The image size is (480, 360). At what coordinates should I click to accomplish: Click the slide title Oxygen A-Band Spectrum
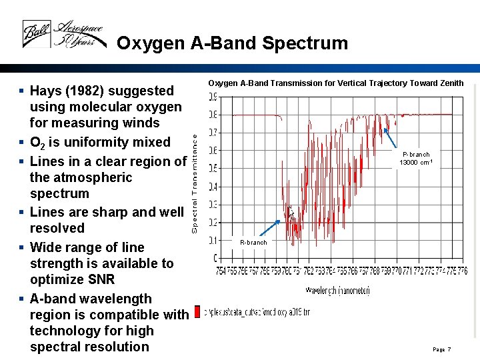pyautogui.click(x=232, y=43)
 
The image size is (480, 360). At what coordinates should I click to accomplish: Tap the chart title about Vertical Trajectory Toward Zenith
pyautogui.click(x=335, y=83)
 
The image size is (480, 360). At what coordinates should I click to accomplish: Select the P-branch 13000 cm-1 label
pyautogui.click(x=416, y=158)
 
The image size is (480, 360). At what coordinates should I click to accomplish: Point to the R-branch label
pyautogui.click(x=253, y=243)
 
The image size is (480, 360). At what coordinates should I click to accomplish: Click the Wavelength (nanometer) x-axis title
pyautogui.click(x=337, y=290)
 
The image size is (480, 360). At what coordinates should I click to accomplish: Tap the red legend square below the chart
pyautogui.click(x=197, y=311)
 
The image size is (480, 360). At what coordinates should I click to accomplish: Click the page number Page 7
pyautogui.click(x=441, y=349)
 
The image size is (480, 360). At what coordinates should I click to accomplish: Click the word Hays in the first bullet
pyautogui.click(x=46, y=91)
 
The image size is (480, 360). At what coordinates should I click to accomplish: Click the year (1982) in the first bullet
pyautogui.click(x=85, y=91)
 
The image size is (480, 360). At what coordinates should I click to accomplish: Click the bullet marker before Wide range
pyautogui.click(x=23, y=247)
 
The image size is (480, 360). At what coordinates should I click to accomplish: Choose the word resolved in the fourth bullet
pyautogui.click(x=57, y=228)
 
